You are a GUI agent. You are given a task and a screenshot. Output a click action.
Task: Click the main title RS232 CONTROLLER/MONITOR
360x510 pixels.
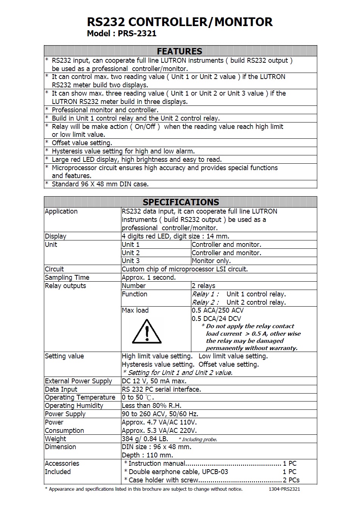[180, 22]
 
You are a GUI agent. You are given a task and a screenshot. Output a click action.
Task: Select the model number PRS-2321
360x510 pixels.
[137, 33]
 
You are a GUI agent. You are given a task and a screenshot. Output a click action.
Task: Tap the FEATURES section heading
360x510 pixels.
[180, 51]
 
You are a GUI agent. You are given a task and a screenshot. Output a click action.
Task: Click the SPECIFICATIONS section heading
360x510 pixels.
[181, 202]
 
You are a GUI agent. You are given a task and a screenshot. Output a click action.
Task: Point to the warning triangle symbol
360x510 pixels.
[147, 331]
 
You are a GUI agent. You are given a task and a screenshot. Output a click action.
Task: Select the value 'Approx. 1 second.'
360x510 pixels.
[149, 277]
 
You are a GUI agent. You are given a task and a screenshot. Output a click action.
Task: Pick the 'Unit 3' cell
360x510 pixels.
[131, 261]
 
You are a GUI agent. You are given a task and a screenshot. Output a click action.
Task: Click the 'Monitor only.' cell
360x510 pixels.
[211, 261]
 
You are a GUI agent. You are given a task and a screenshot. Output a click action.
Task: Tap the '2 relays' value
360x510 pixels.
[203, 286]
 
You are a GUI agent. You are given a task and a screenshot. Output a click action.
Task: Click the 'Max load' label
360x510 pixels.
[135, 310]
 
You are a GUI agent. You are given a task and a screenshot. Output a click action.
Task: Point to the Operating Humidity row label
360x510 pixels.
[74, 406]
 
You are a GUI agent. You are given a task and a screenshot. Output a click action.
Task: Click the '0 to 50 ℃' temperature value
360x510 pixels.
[138, 397]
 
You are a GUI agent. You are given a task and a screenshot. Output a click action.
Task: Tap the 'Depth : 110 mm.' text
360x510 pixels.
[147, 455]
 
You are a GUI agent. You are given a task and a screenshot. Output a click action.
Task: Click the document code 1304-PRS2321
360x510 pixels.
[284, 489]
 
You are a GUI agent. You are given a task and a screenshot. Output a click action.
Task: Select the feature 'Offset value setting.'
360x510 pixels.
[82, 143]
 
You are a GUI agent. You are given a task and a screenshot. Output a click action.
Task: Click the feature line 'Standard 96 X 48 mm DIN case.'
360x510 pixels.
[100, 184]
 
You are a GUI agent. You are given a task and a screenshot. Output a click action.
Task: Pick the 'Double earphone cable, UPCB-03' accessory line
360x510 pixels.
[178, 472]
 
